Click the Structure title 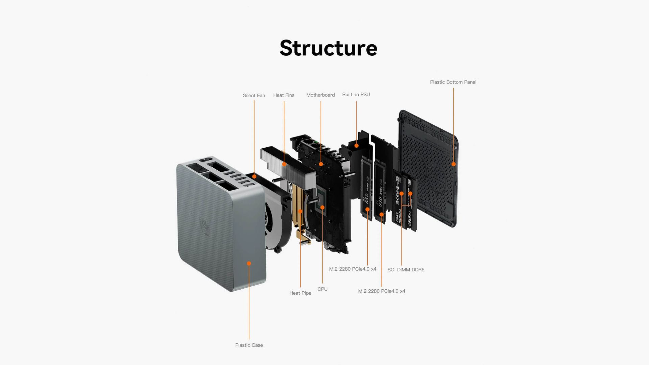coord(328,48)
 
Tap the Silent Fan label coord(254,96)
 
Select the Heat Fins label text coord(284,95)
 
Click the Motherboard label coord(320,95)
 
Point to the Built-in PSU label coord(356,95)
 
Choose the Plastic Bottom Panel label coord(453,82)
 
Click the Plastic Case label coord(249,345)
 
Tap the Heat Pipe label coord(300,293)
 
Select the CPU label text coord(322,289)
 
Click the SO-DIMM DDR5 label coord(406,270)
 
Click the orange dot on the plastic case coord(249,263)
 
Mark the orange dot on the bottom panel coord(454,164)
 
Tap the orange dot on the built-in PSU coord(356,146)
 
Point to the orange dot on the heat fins coord(284,164)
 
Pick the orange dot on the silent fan coord(254,176)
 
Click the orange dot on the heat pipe coord(300,212)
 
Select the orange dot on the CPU coord(322,208)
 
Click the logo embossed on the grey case coord(205,227)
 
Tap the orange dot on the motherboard coord(321,164)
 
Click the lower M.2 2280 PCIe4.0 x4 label coord(382,291)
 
